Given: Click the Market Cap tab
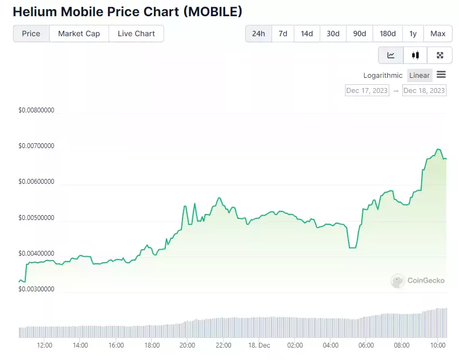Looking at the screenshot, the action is pos(79,34).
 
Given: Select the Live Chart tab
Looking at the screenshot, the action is pos(136,34).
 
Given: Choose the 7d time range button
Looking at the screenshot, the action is pos(283,34).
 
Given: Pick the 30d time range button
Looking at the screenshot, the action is pos(333,34).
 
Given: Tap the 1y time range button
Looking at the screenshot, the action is pos(413,34).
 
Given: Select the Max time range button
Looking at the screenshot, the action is pos(438,34).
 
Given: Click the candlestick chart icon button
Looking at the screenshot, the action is pos(415,55).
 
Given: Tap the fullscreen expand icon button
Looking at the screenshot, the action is pos(440,55).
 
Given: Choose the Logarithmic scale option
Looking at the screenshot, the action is pos(383,76).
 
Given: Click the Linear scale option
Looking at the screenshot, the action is pos(420,76).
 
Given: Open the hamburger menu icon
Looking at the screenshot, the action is pos(441,75).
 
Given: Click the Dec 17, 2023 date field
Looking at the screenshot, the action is pos(367,90).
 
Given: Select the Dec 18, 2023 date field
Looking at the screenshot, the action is pos(424,90).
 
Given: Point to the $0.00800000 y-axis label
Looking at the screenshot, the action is pos(36,110).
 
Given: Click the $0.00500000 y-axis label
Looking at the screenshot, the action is pos(36,218).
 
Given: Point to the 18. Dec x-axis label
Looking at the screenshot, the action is pos(259,345).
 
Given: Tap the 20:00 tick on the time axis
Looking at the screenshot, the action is pos(187,345).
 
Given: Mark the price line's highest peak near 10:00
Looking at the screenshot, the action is pos(438,149).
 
